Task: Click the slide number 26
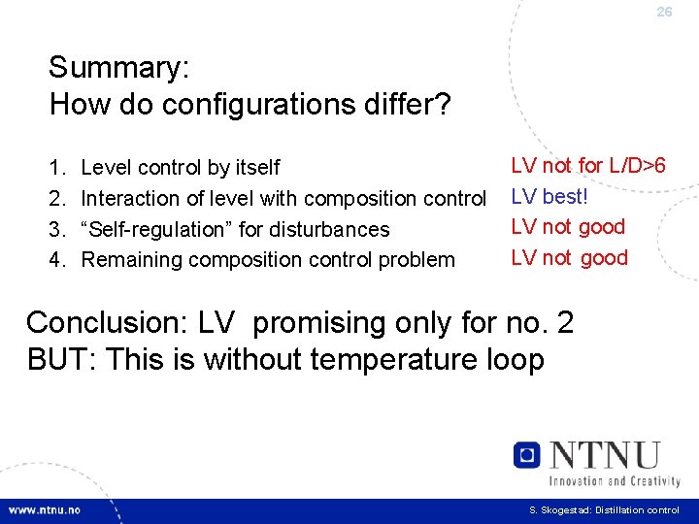pos(664,12)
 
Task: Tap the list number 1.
pos(55,168)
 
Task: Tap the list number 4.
pos(55,260)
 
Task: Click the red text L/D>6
pos(637,166)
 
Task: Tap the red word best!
pos(565,197)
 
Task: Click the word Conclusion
pos(108,322)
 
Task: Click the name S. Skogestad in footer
pos(557,510)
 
